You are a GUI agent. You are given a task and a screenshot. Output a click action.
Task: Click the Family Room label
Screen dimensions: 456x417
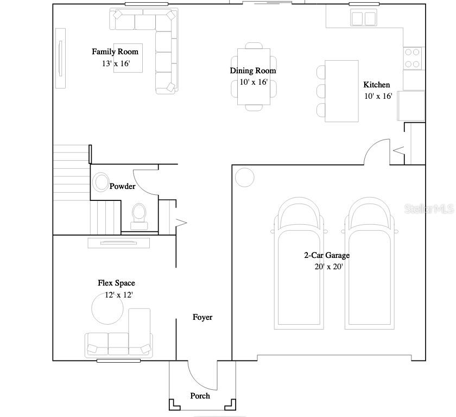tap(115, 52)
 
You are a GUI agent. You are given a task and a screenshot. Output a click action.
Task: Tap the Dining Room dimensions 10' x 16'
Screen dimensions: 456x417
tap(254, 82)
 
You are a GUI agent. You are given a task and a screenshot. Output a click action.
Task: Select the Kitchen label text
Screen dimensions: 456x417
tap(377, 85)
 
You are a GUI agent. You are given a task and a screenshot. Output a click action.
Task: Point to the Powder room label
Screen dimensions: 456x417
tap(123, 186)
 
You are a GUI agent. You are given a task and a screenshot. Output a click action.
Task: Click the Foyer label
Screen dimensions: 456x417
tap(202, 317)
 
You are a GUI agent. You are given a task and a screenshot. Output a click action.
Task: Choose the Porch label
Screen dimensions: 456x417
tap(200, 396)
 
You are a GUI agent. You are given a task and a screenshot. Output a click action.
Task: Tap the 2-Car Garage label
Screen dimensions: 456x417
tap(327, 255)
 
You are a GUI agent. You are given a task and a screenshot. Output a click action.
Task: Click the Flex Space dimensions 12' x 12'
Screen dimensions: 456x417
tap(119, 295)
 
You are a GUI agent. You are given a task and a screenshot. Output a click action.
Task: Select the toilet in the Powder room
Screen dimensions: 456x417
tap(139, 217)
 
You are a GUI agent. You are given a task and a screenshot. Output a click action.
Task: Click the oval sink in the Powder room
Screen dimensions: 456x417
tap(101, 182)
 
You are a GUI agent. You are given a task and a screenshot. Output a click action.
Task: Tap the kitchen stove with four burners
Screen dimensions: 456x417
tap(413, 58)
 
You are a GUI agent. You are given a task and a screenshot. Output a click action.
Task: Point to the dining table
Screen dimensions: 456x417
tap(254, 77)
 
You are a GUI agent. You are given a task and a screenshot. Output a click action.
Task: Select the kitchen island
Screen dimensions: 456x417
tap(341, 91)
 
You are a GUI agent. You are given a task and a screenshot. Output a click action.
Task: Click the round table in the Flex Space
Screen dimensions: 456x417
tap(107, 308)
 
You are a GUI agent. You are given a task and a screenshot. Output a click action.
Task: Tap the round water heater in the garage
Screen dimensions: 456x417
tap(245, 178)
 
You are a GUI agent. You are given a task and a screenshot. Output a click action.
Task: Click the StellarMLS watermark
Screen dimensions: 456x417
tap(429, 208)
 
